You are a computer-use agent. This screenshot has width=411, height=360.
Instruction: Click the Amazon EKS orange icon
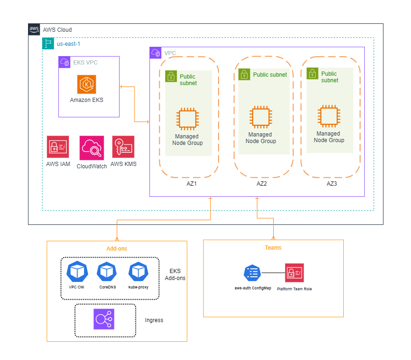coord(87,84)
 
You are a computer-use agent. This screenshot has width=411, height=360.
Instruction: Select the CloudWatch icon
coord(92,148)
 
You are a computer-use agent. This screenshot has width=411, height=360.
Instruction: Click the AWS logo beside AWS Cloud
coord(34,29)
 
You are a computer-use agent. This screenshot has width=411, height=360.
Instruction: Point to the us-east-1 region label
coord(69,43)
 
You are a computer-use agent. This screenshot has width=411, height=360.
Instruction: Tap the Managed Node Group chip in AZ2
coord(260,117)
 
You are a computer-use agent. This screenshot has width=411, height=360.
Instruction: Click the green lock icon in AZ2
coord(244,74)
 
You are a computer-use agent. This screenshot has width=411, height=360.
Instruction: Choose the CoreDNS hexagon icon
coord(107,272)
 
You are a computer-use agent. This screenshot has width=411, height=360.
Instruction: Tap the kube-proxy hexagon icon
coord(138,272)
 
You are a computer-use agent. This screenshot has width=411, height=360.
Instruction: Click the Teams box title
coord(273,247)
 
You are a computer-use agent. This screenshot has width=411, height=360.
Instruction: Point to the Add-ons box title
coord(117,249)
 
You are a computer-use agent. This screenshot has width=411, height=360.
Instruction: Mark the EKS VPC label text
coord(85,62)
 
